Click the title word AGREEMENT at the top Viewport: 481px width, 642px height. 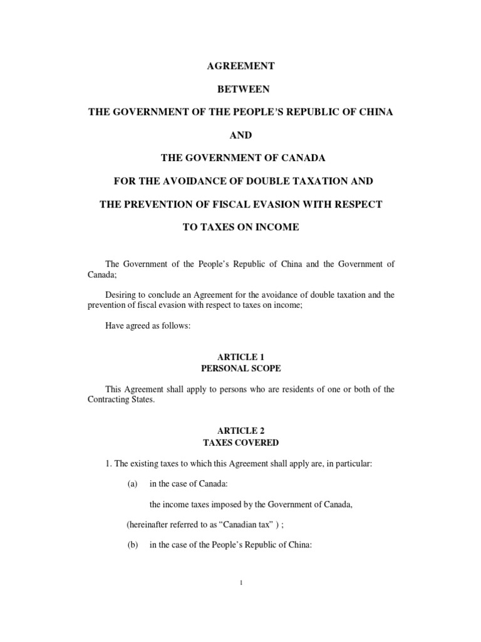point(240,66)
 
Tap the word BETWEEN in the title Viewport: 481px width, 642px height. point(240,90)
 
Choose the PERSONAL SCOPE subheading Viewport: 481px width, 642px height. point(240,369)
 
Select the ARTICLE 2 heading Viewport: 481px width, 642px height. point(240,431)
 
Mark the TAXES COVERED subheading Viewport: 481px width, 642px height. point(240,443)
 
